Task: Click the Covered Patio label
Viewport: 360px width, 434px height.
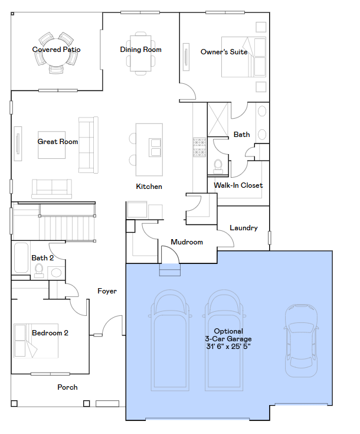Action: [x=56, y=50]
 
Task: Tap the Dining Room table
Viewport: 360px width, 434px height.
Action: [x=140, y=53]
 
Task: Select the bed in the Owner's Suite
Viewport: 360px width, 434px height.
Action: [x=244, y=57]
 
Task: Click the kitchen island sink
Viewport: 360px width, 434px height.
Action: [x=155, y=148]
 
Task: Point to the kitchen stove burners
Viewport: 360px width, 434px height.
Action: [x=199, y=147]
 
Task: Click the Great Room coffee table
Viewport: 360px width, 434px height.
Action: [x=52, y=145]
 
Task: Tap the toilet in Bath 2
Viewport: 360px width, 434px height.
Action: [x=39, y=270]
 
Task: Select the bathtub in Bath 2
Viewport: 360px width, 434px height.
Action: [x=21, y=257]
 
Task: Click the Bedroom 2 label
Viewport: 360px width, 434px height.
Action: [x=50, y=332]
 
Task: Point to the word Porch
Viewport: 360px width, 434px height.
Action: [x=67, y=387]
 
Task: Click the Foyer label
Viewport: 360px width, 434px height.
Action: [x=107, y=291]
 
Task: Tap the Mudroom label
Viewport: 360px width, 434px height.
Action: [x=186, y=242]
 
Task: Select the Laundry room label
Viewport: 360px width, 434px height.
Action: [x=244, y=228]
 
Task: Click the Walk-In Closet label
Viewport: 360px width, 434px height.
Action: [x=238, y=185]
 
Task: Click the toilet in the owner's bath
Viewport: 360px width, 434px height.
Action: [x=218, y=167]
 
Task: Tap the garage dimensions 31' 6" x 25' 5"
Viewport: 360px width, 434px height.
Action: [x=228, y=346]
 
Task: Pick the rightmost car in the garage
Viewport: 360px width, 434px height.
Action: [x=301, y=341]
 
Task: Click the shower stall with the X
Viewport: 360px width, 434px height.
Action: [x=218, y=119]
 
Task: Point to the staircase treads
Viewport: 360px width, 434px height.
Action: [x=67, y=228]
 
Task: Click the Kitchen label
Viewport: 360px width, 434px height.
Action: [x=149, y=187]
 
